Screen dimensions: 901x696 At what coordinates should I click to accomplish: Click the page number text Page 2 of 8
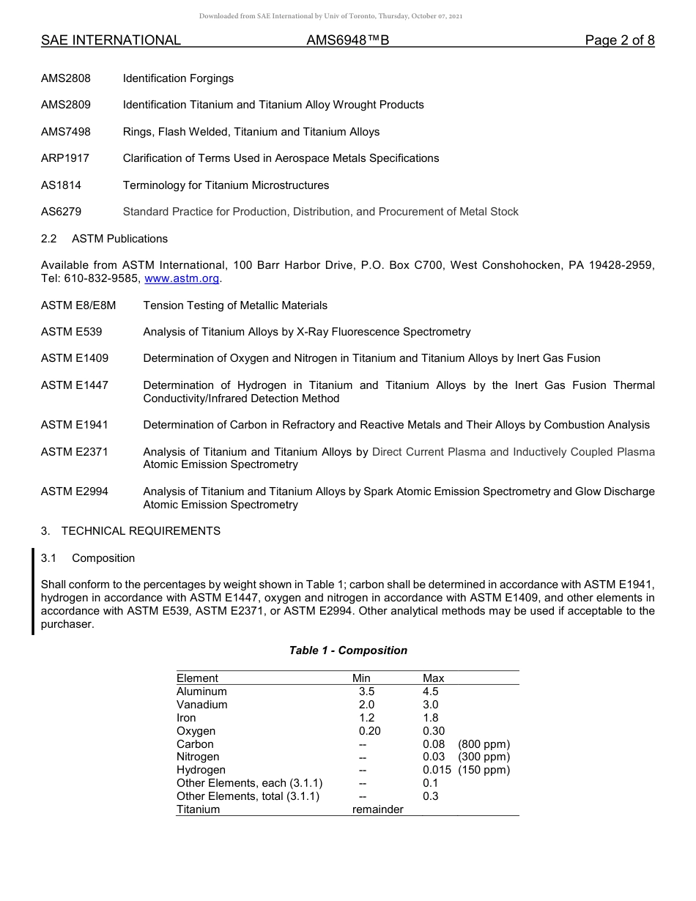point(619,41)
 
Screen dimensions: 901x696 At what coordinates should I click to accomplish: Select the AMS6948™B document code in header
point(347,41)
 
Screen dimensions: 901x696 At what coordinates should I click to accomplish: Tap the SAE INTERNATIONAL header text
point(111,41)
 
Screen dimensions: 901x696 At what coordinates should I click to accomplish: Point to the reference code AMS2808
point(66,78)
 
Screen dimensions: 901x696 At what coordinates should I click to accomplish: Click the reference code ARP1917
point(65,158)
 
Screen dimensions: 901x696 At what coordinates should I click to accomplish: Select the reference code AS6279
point(62,212)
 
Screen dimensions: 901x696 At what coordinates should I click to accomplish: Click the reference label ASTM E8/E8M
point(78,305)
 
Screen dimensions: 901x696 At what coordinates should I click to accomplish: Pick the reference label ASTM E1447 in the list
point(75,385)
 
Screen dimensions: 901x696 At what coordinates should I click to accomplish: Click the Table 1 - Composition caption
point(348,650)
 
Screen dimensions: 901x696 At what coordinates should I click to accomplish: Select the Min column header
point(361,678)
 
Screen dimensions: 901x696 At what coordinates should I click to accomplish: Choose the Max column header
point(433,678)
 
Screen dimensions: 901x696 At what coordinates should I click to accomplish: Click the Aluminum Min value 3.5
point(366,691)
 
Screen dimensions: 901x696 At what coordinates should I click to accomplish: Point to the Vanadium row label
point(202,705)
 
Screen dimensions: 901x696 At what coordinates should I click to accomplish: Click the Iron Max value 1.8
point(431,718)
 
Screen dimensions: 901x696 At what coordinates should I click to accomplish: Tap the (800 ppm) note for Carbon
point(484,744)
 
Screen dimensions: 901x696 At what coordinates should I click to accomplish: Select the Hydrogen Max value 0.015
point(437,770)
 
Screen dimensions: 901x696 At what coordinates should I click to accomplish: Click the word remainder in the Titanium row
point(377,809)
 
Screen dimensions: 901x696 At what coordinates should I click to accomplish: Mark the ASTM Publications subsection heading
point(119,239)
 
